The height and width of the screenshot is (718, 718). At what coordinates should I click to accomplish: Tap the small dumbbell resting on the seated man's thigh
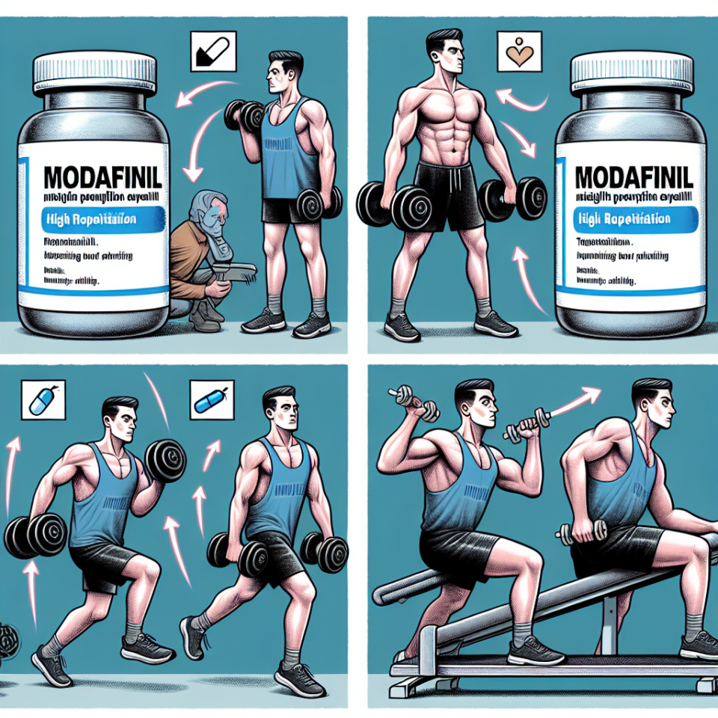[x=580, y=532]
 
